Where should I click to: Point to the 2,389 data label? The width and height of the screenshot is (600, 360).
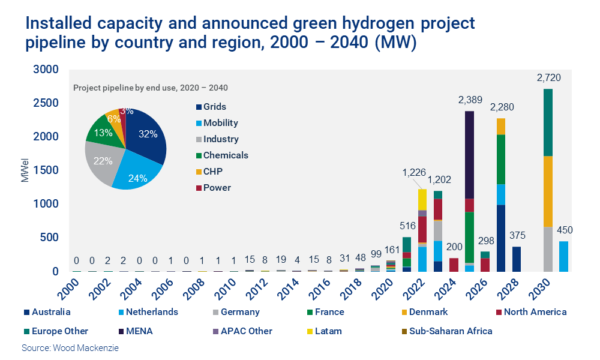(470, 100)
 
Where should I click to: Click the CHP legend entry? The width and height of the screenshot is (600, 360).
(213, 172)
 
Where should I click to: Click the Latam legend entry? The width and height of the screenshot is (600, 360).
(334, 331)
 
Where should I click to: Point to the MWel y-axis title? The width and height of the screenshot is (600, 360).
(26, 171)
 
